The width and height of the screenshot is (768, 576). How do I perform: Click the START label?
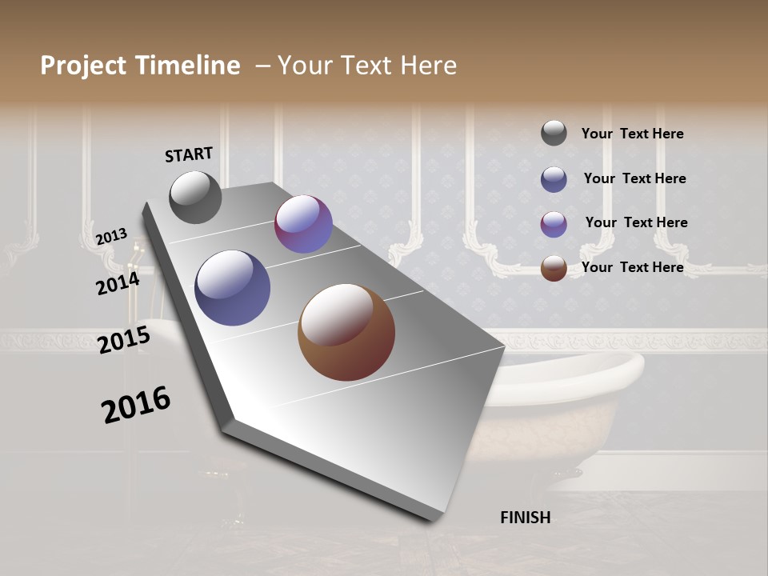pyautogui.click(x=189, y=154)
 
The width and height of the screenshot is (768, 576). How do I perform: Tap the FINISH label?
pyautogui.click(x=525, y=518)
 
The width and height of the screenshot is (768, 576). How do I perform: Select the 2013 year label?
pyautogui.click(x=111, y=237)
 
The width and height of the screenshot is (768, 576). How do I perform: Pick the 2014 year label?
pyautogui.click(x=118, y=283)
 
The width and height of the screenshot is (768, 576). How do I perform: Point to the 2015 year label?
pyautogui.click(x=124, y=340)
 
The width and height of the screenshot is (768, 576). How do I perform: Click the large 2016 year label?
pyautogui.click(x=136, y=404)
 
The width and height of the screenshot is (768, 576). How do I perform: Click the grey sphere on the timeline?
pyautogui.click(x=195, y=197)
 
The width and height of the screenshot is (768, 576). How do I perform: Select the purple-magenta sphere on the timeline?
pyautogui.click(x=303, y=224)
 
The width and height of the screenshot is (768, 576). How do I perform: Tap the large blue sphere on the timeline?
pyautogui.click(x=233, y=288)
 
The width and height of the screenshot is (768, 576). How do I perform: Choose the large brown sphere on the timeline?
pyautogui.click(x=346, y=332)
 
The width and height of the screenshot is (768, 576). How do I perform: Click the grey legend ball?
pyautogui.click(x=554, y=133)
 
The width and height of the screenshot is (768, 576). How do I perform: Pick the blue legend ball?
pyautogui.click(x=554, y=178)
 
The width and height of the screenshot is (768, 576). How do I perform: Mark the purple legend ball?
pyautogui.click(x=554, y=223)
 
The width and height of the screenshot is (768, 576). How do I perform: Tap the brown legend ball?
pyautogui.click(x=554, y=267)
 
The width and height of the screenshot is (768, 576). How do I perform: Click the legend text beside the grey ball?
pyautogui.click(x=632, y=134)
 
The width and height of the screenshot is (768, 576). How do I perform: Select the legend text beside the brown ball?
pyautogui.click(x=632, y=267)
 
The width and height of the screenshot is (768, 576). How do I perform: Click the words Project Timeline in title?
pyautogui.click(x=140, y=66)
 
